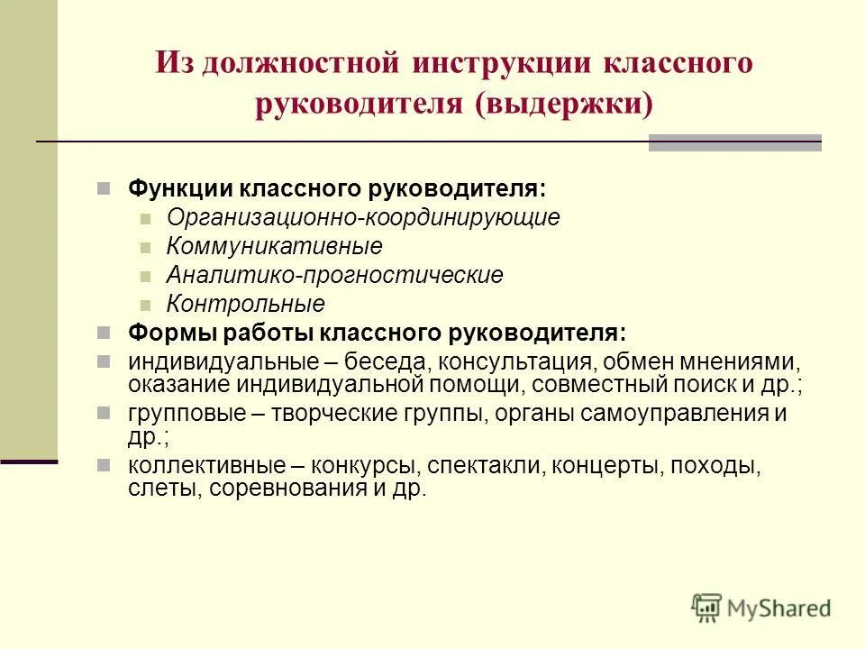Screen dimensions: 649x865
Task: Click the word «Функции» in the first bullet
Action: (180, 189)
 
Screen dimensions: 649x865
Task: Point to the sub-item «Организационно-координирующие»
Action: (363, 218)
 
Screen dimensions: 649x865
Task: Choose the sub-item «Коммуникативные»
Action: (275, 246)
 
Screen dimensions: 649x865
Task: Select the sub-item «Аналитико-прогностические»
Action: (335, 275)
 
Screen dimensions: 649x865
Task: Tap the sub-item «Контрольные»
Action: (246, 304)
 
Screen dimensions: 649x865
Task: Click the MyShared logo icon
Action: (707, 607)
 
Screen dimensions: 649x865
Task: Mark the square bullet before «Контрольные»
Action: (147, 305)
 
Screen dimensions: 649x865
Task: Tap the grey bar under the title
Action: (734, 142)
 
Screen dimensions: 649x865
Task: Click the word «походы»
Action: (711, 467)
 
